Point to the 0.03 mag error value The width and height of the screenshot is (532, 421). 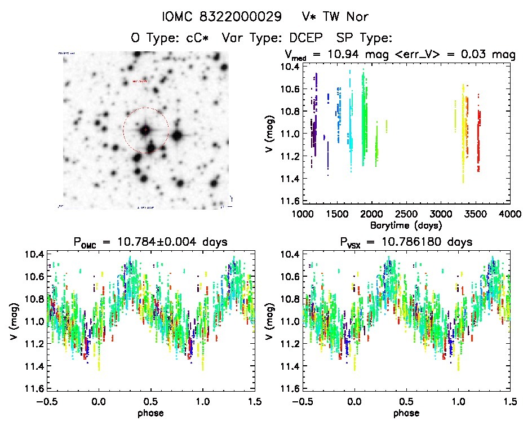coord(481,55)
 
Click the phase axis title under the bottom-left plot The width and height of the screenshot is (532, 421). coord(151,412)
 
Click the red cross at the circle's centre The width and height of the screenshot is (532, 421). coord(145,130)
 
